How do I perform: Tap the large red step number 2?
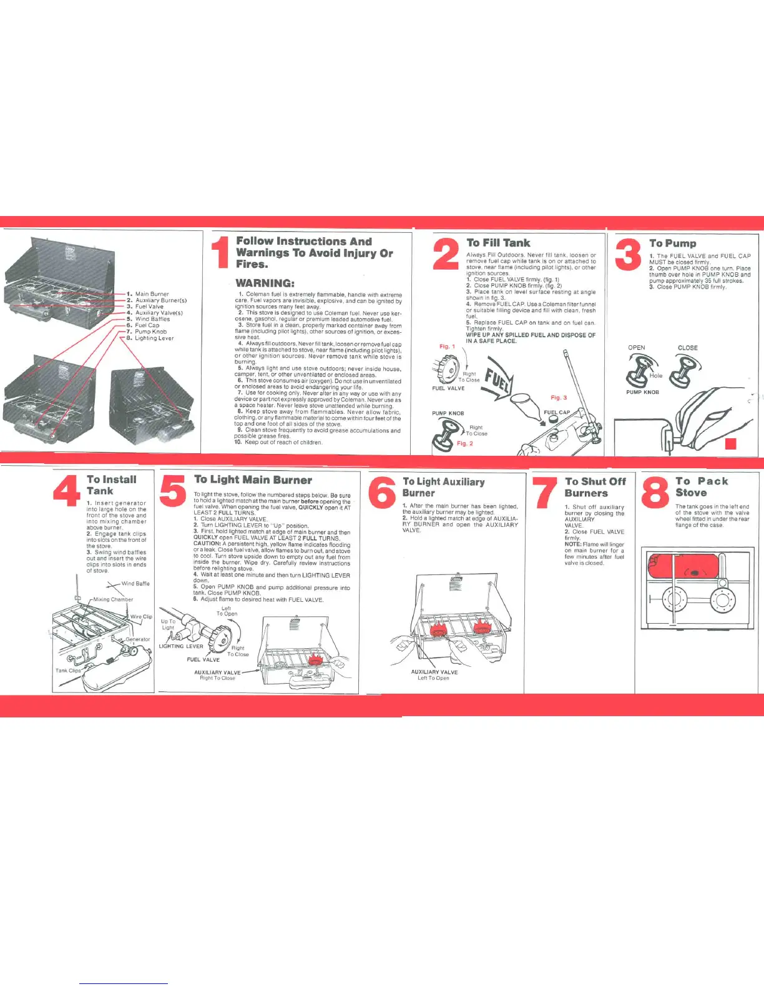point(446,255)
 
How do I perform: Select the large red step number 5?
point(172,491)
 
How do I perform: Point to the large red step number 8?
point(655,492)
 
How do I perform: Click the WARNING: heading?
point(265,283)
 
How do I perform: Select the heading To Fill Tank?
point(498,243)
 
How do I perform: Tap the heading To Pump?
point(672,243)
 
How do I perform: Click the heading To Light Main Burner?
point(253,480)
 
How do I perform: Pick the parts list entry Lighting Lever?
point(154,338)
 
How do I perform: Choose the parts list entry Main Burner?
point(152,293)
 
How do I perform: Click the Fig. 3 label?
point(559,397)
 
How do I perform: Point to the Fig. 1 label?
point(448,347)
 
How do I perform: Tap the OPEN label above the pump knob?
point(636,348)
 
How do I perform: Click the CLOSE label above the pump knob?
point(687,348)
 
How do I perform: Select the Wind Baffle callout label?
point(135,584)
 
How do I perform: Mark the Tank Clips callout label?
point(68,671)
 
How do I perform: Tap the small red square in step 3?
point(732,444)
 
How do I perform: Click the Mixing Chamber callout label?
point(113,599)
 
